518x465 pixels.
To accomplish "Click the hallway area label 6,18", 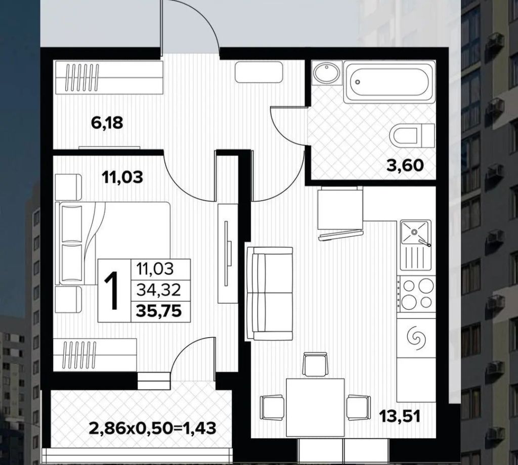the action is tap(107, 123).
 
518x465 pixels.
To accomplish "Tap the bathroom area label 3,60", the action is tap(405, 165).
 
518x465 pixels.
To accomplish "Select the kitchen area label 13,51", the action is tap(400, 416).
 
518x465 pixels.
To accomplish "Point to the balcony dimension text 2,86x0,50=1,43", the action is tap(153, 429).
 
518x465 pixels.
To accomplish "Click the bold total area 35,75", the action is tap(159, 310).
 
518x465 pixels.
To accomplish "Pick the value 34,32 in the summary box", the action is tap(159, 290).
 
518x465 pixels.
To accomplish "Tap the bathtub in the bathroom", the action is tap(388, 81).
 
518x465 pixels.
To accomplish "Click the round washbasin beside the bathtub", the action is tap(326, 73).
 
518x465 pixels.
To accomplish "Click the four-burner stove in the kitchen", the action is tap(416, 293).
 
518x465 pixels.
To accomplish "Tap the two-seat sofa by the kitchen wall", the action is tap(269, 294).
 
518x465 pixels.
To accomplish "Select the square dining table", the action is tap(315, 407).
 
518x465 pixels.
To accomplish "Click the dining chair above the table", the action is tap(315, 364).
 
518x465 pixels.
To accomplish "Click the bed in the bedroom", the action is tap(113, 243).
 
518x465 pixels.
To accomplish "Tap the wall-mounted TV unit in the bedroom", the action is tap(228, 253).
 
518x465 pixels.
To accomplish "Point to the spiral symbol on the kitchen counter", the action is tap(416, 339).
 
